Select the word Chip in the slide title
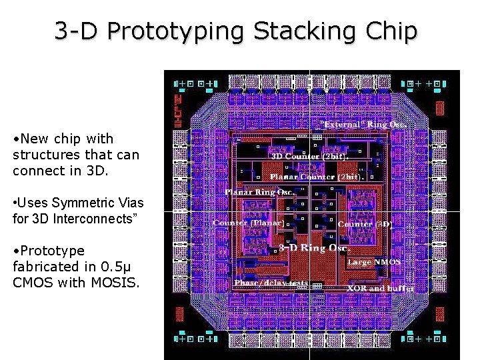pyautogui.click(x=394, y=32)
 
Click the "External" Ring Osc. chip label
pyautogui.click(x=365, y=124)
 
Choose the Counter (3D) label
pyautogui.click(x=365, y=224)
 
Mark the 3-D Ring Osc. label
pyautogui.click(x=313, y=248)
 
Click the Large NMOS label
pyautogui.click(x=374, y=262)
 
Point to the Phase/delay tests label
pyautogui.click(x=271, y=283)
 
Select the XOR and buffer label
pyautogui.click(x=381, y=288)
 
